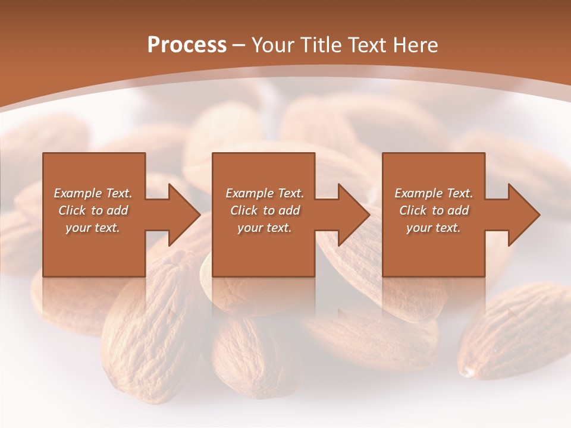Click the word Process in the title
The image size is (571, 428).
[187, 45]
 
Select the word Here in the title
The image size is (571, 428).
[415, 45]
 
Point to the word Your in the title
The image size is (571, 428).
[273, 45]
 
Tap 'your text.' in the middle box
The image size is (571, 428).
[264, 228]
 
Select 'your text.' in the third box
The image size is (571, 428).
[433, 228]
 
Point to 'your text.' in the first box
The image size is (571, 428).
[92, 228]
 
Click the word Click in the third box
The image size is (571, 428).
[413, 210]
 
